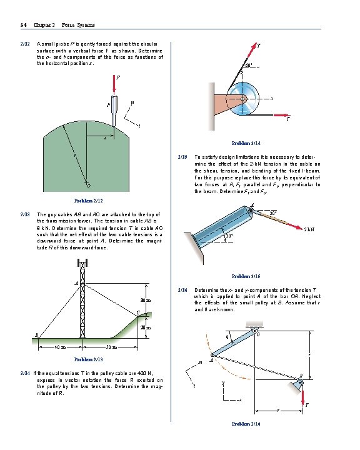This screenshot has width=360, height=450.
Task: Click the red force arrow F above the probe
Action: pyautogui.click(x=114, y=86)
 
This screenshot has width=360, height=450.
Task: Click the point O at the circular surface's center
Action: pyautogui.click(x=88, y=185)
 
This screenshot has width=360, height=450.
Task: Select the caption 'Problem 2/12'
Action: pyautogui.click(x=88, y=201)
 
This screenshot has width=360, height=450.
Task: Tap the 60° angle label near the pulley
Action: pyautogui.click(x=248, y=65)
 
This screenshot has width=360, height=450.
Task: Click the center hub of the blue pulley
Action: pyautogui.click(x=242, y=98)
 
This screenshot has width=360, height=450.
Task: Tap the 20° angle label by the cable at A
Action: pyautogui.click(x=272, y=214)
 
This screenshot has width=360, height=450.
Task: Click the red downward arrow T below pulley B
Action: pyautogui.click(x=301, y=396)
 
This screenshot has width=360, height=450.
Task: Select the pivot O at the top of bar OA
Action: pyautogui.click(x=255, y=331)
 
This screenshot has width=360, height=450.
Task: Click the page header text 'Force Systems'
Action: pyautogui.click(x=79, y=25)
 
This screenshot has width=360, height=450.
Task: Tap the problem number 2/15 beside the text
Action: pyautogui.click(x=182, y=157)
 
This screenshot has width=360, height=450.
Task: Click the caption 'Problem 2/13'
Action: pyautogui.click(x=88, y=359)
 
